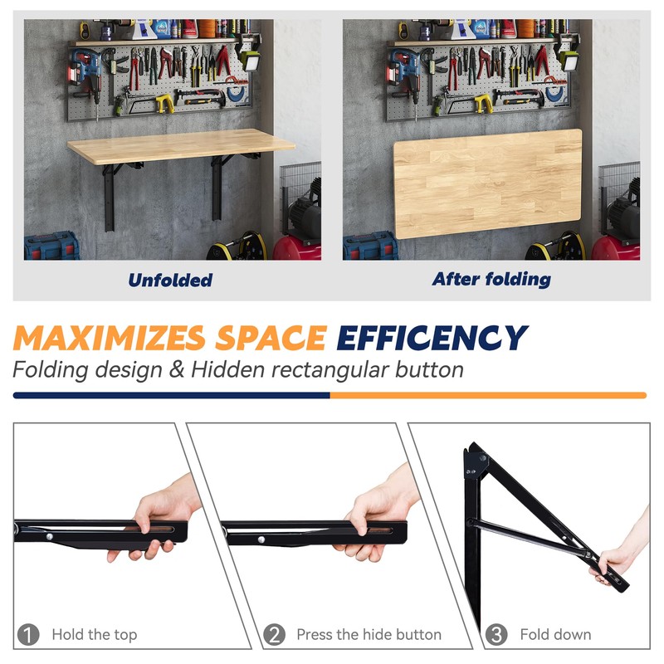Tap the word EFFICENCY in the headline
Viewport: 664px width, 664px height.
coord(432,338)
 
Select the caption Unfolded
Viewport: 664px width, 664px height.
coord(170,281)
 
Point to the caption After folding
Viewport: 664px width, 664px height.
coord(491,280)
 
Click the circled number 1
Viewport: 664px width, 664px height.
coord(29,635)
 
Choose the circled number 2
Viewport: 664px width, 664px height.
coord(274,635)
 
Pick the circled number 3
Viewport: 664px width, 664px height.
coord(496,635)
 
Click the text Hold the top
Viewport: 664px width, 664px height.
coord(94,635)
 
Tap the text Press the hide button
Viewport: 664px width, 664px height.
coord(369,635)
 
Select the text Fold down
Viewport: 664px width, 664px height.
coord(555,635)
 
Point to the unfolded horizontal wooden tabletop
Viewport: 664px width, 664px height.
coord(181,148)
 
